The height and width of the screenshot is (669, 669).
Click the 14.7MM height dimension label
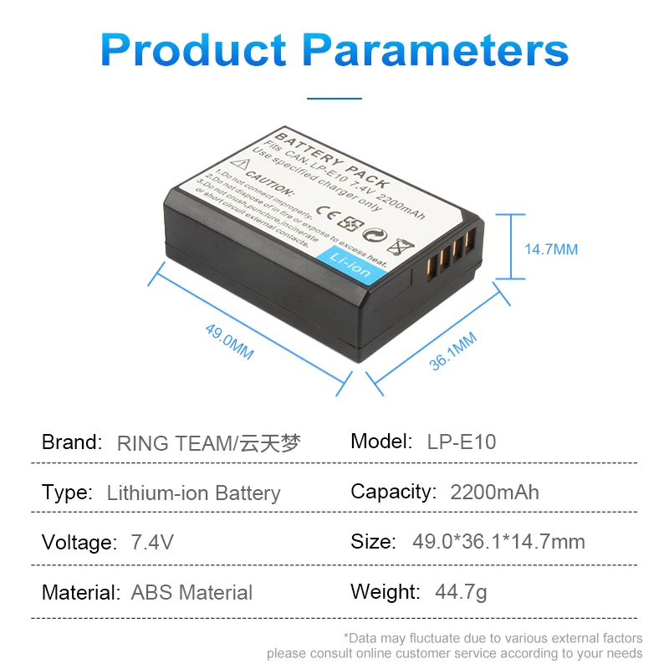[x=551, y=249]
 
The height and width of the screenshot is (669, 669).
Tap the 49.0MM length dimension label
[x=229, y=341]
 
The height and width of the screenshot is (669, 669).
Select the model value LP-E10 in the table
[x=462, y=442]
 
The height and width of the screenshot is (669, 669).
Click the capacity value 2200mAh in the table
[x=494, y=492]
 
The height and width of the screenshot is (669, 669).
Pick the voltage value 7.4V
[x=152, y=543]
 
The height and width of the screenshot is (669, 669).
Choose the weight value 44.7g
[x=461, y=593]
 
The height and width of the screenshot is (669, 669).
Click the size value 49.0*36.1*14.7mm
[x=498, y=542]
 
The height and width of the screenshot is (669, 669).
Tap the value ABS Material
[x=192, y=593]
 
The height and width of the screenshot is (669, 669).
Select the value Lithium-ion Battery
[x=193, y=493]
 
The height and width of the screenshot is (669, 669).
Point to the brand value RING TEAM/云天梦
[x=208, y=442]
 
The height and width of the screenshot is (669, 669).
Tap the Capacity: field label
[x=393, y=492]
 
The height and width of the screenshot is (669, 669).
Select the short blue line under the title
[x=334, y=98]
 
